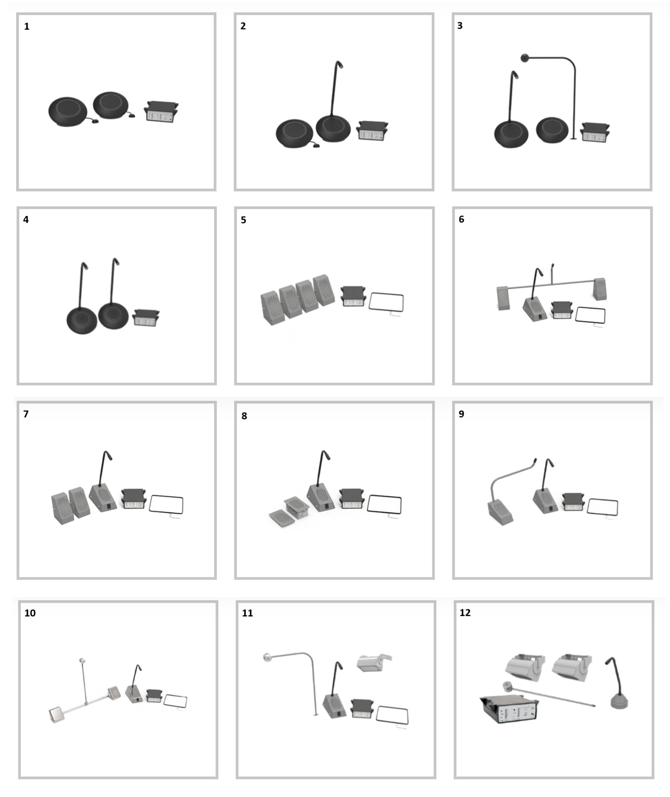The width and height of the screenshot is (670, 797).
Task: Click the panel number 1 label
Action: [27, 27]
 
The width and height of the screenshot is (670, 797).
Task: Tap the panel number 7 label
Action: [26, 414]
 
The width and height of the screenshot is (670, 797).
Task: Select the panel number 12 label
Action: [465, 613]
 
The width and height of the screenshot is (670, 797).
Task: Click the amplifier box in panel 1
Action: [161, 111]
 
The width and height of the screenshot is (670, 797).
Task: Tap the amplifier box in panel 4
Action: [146, 318]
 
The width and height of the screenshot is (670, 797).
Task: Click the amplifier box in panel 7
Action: [134, 499]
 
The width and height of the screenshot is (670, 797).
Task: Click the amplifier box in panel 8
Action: [352, 499]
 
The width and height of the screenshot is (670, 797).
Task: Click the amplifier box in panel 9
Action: [573, 502]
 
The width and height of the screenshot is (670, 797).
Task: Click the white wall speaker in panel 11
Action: [374, 662]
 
